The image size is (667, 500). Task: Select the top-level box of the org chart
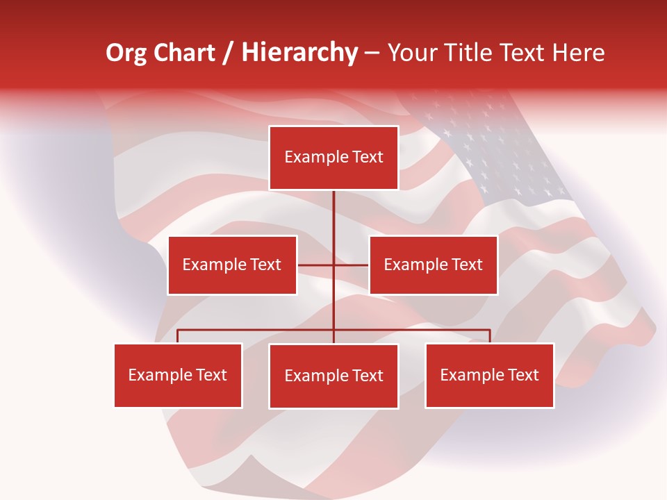click(x=333, y=158)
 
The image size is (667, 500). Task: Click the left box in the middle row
click(x=232, y=265)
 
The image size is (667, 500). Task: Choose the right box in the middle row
click(x=433, y=265)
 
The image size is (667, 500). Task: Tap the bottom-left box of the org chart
click(x=178, y=375)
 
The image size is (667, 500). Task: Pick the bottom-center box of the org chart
click(x=333, y=376)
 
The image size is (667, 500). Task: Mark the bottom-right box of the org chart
click(x=489, y=375)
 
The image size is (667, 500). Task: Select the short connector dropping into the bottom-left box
click(x=178, y=336)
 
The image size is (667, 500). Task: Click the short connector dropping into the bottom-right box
click(x=490, y=336)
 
